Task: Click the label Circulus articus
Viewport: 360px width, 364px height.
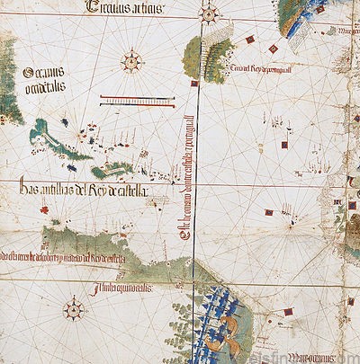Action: click(x=127, y=8)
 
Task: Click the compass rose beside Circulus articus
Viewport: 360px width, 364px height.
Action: click(x=209, y=13)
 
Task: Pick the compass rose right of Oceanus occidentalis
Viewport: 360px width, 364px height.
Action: click(x=132, y=61)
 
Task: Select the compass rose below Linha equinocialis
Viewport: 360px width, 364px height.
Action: click(x=74, y=311)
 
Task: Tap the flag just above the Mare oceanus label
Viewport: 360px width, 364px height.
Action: click(x=288, y=313)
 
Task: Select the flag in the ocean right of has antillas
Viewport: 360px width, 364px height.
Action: click(x=268, y=213)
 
